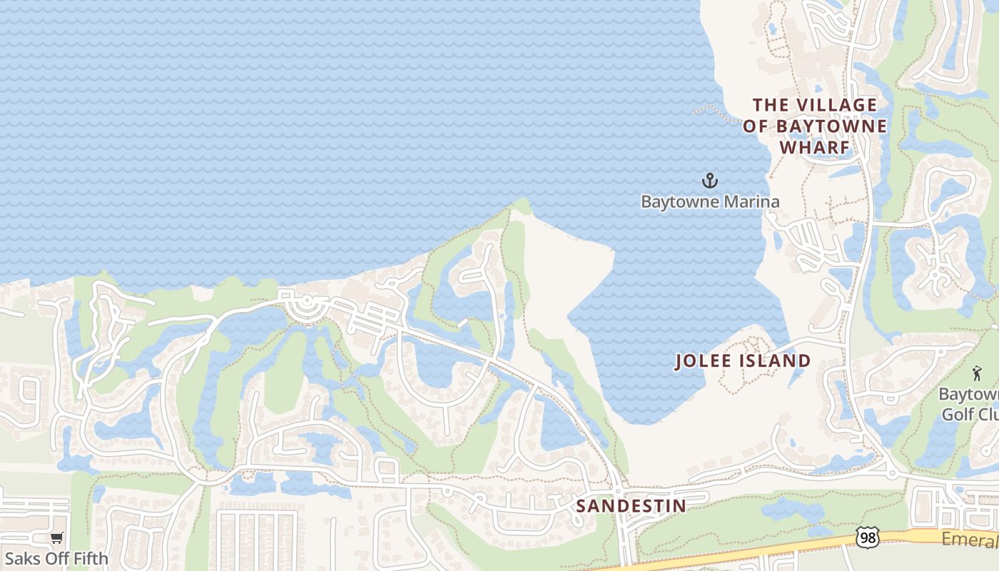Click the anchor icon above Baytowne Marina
pos(709,180)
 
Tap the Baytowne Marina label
pos(709,202)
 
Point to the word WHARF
pos(814,148)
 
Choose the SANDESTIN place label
pos(631,506)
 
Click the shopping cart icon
pos(56,537)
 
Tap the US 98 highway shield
pos(868,537)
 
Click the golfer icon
pos(976,373)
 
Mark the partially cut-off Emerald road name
pos(968,540)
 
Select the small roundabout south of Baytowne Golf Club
pos(891,473)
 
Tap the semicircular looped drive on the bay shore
pos(307,308)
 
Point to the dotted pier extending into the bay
pos(717,112)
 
